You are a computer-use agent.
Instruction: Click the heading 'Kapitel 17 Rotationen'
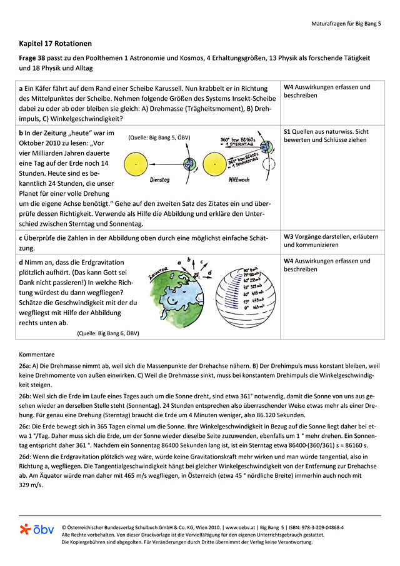pos(55,44)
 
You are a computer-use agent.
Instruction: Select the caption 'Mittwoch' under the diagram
pos(240,179)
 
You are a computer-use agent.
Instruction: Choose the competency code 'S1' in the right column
pos(287,132)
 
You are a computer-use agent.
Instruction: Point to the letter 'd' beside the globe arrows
pos(209,272)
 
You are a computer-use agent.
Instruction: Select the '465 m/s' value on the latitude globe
pos(256,308)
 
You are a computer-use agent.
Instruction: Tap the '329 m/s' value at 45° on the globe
pos(257,286)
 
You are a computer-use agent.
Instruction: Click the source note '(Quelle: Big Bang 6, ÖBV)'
pos(112,333)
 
